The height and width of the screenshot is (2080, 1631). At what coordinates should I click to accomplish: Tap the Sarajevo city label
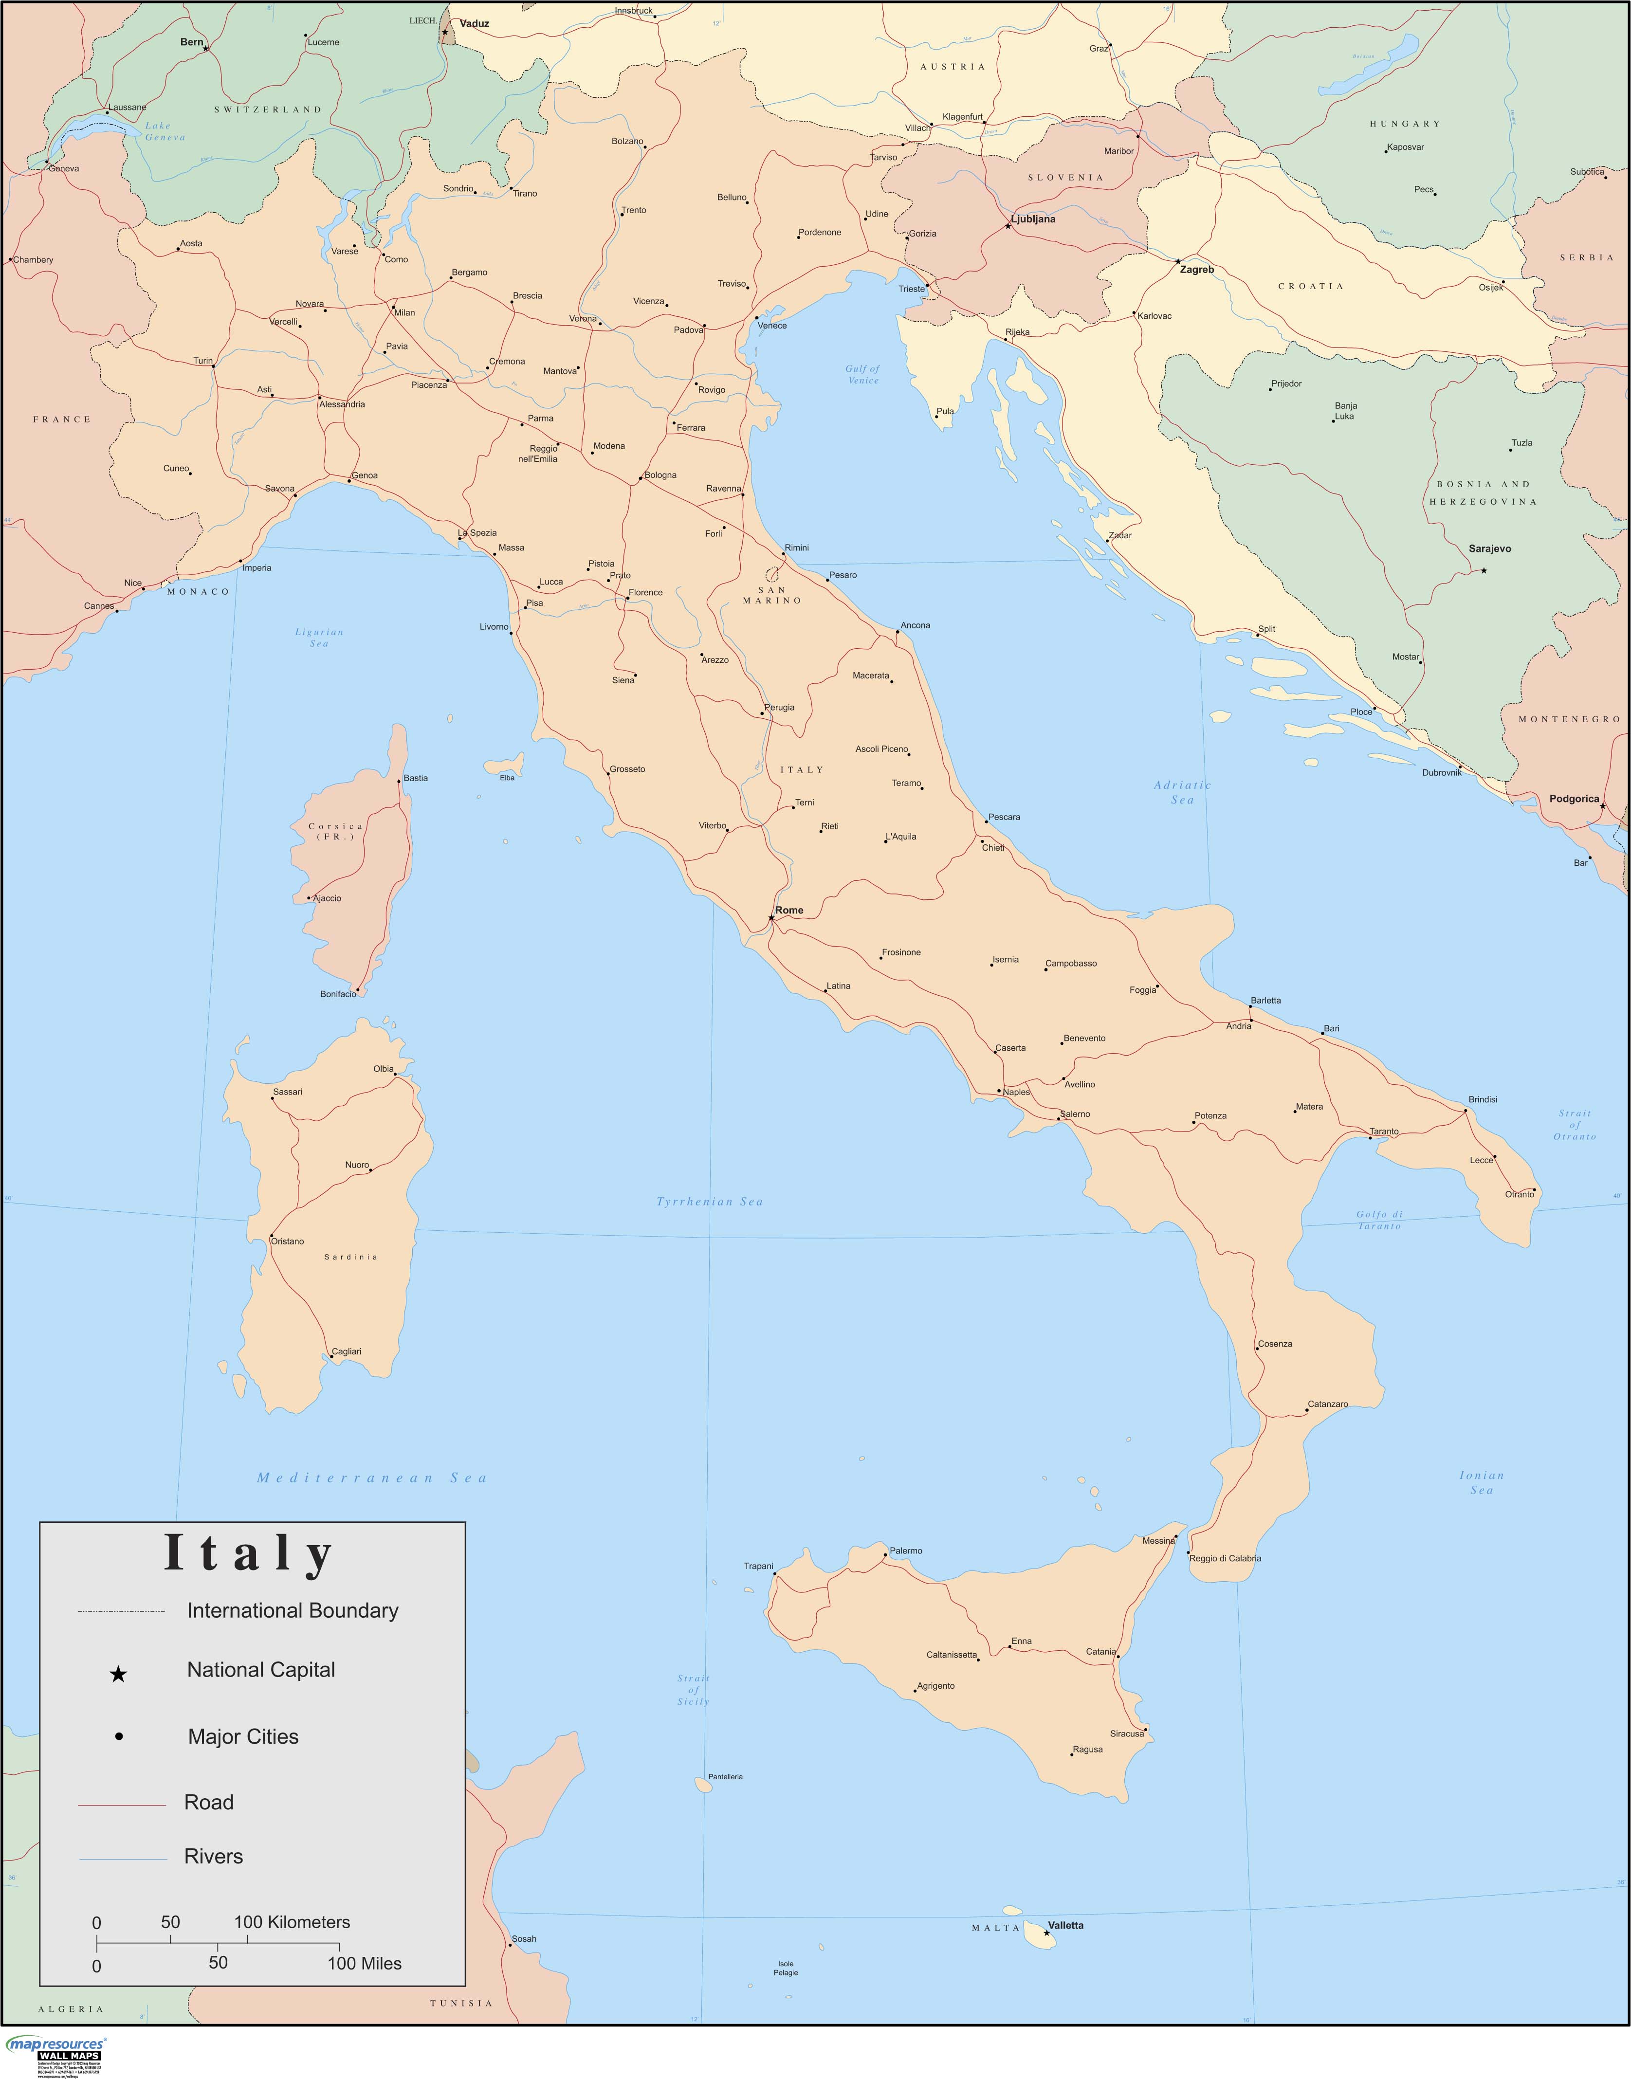[1490, 549]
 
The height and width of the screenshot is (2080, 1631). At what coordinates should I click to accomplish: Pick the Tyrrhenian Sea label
[710, 1202]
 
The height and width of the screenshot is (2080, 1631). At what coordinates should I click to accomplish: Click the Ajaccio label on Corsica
[327, 898]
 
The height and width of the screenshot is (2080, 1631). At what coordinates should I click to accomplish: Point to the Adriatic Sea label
[1182, 792]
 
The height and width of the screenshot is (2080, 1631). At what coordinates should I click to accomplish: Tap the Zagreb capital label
[1196, 270]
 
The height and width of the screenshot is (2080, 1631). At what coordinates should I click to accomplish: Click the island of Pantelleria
[703, 1784]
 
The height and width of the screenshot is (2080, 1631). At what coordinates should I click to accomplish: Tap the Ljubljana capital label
[1033, 219]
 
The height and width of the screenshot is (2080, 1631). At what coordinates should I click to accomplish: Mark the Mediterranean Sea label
[371, 1478]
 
